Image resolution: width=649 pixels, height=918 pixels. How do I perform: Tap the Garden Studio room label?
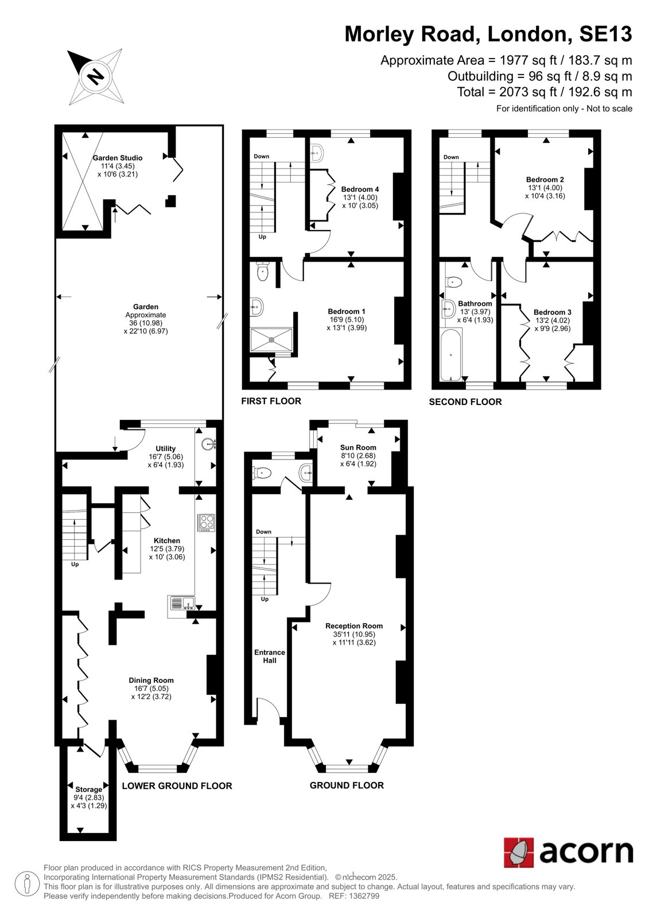pos(117,158)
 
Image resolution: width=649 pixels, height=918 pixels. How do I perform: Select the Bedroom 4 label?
pos(360,189)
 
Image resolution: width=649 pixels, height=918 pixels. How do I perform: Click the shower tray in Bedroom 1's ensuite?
pos(271,339)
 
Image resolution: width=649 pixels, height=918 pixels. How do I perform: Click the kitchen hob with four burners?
pos(206,523)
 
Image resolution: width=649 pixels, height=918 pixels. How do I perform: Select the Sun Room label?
pos(358,448)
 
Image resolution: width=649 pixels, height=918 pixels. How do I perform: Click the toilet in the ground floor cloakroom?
pos(262,474)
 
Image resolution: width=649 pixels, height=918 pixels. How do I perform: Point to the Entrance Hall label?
pos(269,656)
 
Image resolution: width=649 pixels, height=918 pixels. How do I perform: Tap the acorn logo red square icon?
pos(519,853)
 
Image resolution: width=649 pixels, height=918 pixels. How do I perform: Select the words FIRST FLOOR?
pos(271,401)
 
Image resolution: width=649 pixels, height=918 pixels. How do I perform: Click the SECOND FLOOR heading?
pos(465,402)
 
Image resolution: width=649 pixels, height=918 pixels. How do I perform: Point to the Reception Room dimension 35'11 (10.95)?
pos(354,635)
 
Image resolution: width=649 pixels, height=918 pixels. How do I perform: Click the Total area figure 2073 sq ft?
pos(528,92)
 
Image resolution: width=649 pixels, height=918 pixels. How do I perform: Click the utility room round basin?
pos(210,443)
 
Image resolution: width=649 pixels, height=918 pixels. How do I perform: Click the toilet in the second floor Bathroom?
pos(453,282)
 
